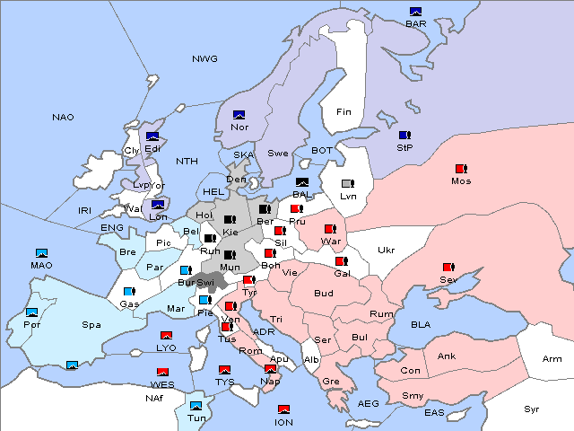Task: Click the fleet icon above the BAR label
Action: [415, 12]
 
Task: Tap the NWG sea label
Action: [204, 59]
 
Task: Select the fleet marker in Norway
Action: [239, 115]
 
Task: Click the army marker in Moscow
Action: [461, 169]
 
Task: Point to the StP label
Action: [404, 146]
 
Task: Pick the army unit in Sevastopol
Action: [448, 268]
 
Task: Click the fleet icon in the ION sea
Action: [283, 409]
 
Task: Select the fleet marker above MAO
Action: [41, 253]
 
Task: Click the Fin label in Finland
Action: [344, 112]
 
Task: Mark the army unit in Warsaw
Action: [330, 229]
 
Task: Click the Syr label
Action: [533, 409]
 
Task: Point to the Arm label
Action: [552, 360]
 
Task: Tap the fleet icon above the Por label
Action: [32, 312]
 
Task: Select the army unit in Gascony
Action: [129, 292]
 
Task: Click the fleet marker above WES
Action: [162, 372]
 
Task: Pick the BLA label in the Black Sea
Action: [421, 324]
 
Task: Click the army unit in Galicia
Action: [341, 262]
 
